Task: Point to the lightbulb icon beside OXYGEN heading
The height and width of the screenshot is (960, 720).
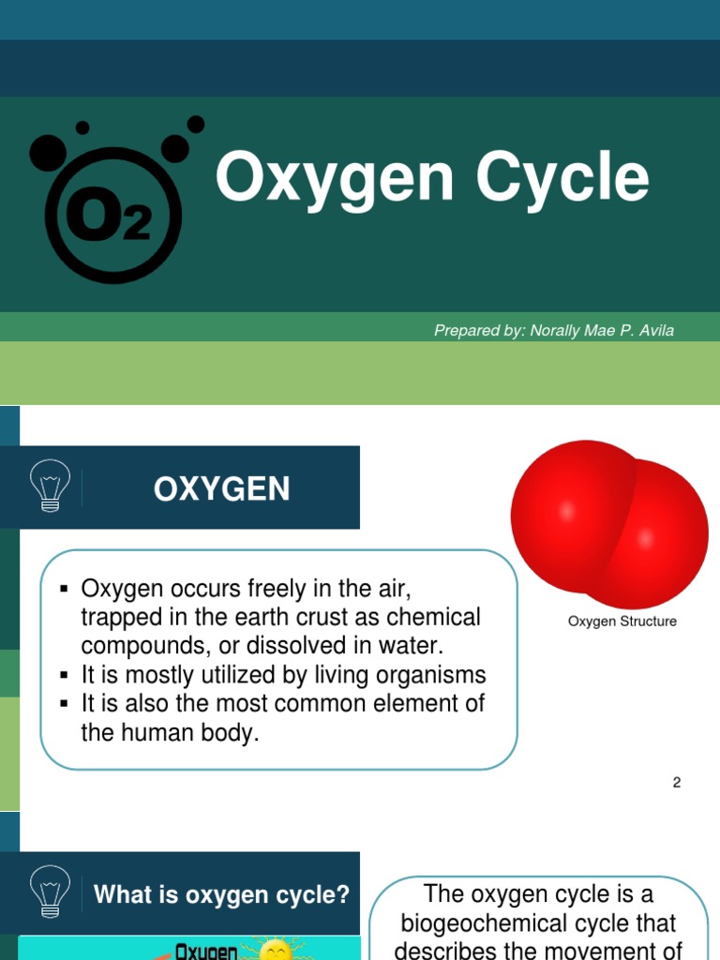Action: pyautogui.click(x=50, y=486)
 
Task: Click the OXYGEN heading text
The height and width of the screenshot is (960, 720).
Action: pyautogui.click(x=222, y=488)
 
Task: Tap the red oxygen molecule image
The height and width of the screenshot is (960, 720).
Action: pyautogui.click(x=608, y=524)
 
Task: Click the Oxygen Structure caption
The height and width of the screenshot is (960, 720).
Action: pyautogui.click(x=622, y=622)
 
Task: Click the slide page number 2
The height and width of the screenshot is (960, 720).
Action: pyautogui.click(x=676, y=782)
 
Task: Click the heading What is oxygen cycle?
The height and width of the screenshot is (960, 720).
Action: pyautogui.click(x=221, y=894)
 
